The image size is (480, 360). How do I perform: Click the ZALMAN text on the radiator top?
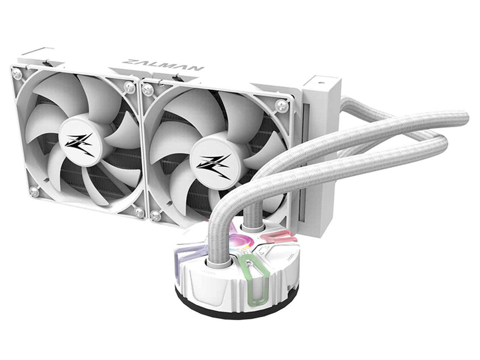point(165,65)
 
